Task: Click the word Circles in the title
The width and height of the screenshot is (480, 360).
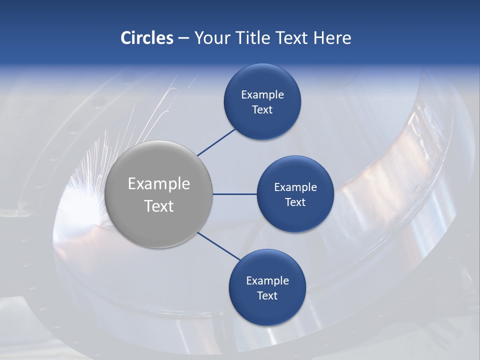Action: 147,38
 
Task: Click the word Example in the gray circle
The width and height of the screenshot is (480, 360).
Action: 159,184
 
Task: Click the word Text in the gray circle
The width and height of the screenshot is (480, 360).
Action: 159,206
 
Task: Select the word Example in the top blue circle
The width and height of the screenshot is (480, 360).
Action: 262,95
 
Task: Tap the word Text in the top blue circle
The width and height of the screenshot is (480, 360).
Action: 262,110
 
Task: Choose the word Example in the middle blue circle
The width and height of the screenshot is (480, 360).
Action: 295,187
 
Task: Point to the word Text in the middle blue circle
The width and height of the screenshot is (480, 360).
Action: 295,202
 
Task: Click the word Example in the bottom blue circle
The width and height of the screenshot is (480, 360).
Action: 267,281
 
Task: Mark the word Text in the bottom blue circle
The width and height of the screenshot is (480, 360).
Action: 267,296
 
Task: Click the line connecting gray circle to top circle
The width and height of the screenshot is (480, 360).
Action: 216,142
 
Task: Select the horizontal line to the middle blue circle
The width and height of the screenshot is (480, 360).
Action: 235,194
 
